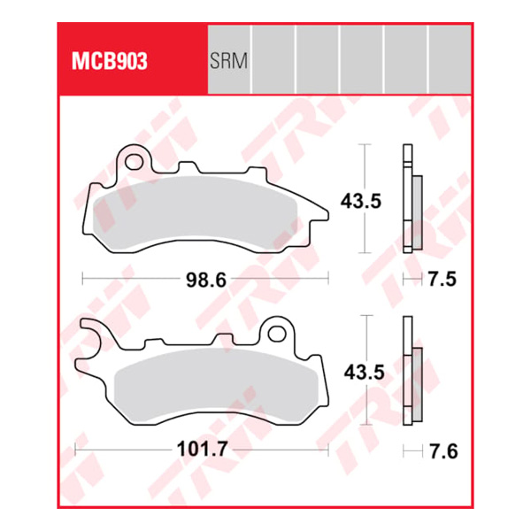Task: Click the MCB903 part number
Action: pos(110,61)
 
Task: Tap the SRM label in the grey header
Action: pos(228,61)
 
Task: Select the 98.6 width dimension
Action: pos(206,280)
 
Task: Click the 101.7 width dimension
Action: pos(202,450)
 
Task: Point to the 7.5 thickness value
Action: pos(442,280)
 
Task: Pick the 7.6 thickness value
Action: pos(443,451)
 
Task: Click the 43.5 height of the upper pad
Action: pos(361,201)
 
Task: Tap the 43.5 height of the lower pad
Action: pos(365,373)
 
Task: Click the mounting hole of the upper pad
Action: pos(134,162)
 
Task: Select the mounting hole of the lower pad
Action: pos(277,334)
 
